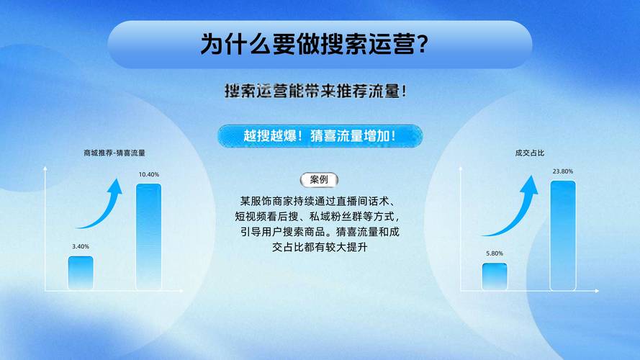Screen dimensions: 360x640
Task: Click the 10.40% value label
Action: click(149, 175)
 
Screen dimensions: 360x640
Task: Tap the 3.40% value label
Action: click(81, 246)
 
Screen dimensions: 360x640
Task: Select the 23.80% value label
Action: click(563, 171)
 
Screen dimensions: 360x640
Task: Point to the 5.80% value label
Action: click(495, 253)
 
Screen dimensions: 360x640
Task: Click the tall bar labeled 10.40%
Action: click(149, 236)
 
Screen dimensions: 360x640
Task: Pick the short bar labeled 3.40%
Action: click(81, 272)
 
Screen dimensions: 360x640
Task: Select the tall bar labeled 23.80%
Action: click(563, 235)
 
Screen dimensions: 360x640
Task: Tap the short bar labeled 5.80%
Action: click(495, 276)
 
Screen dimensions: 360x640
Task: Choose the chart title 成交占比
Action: click(529, 153)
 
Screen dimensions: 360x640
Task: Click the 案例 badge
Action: click(319, 180)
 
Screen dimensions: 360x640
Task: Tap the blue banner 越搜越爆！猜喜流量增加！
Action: click(320, 135)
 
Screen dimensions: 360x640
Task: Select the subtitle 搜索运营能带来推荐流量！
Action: click(320, 91)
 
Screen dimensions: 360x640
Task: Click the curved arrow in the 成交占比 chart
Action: click(515, 209)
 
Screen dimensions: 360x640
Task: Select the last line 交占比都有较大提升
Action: click(320, 248)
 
